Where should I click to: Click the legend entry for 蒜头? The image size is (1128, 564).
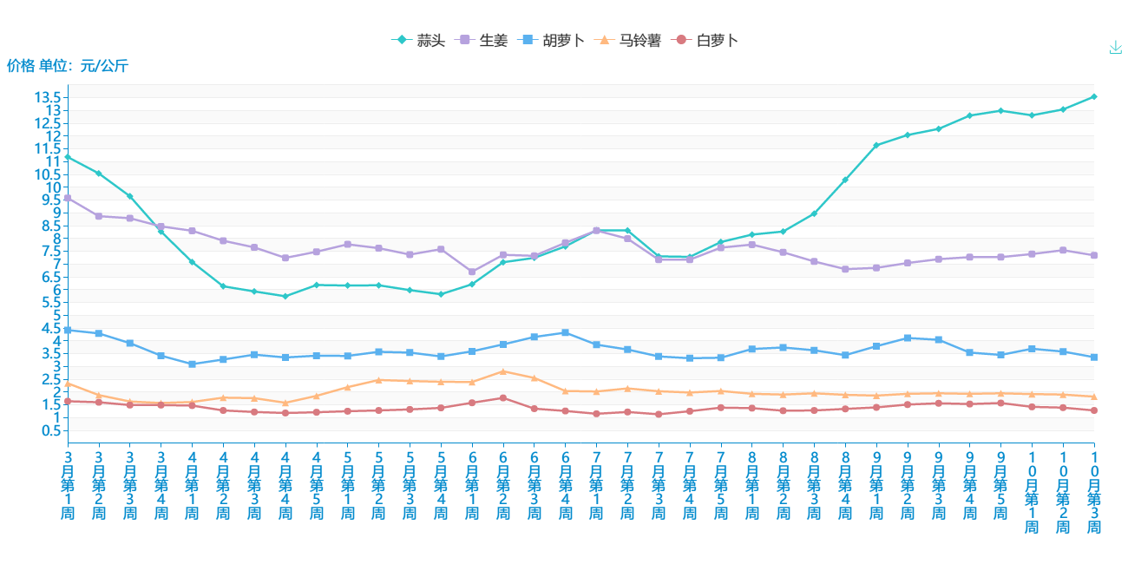[418, 40]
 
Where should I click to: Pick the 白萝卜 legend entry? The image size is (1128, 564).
[706, 40]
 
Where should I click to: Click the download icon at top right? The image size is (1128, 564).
[1116, 47]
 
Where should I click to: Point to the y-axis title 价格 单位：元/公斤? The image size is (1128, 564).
[68, 65]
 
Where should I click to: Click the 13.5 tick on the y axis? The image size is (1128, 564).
[48, 97]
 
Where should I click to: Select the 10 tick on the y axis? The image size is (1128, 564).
[54, 187]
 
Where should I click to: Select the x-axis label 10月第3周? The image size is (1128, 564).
[1093, 492]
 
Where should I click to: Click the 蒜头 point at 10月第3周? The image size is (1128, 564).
[1093, 96]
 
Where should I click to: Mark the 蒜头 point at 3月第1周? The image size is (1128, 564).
[68, 157]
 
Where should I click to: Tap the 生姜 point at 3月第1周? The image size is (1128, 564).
[68, 198]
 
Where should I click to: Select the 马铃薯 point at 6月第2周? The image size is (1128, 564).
[503, 371]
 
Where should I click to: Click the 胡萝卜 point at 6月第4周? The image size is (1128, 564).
[566, 332]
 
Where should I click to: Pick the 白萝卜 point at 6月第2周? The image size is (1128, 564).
[503, 398]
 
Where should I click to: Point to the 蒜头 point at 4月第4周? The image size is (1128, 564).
[285, 296]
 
